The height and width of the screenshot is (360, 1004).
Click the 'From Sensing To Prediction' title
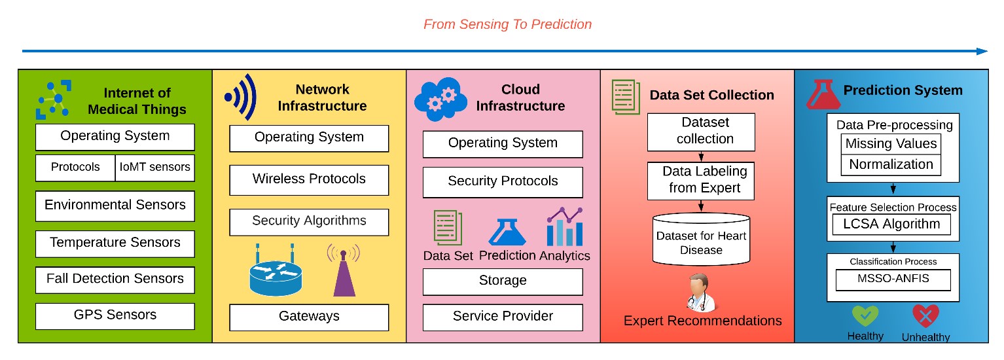point(507,24)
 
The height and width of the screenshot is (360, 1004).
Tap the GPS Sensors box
point(115,316)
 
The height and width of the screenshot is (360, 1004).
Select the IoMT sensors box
point(155,168)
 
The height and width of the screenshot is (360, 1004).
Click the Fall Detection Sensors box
point(115,279)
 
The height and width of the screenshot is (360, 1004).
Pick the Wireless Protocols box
point(309,180)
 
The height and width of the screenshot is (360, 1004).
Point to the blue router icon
point(276,272)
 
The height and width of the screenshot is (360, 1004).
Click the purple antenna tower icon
point(344,270)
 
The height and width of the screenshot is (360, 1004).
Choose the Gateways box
point(309,317)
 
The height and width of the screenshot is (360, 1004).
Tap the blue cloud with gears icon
point(440,99)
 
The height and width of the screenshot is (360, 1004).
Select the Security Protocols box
point(503,182)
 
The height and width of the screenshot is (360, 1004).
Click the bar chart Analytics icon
point(565,227)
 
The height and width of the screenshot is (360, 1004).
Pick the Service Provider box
point(503,317)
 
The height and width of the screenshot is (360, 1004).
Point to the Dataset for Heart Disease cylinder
point(701,240)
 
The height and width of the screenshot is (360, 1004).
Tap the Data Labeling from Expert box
point(701,181)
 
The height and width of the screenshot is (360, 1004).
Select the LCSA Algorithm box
point(891,224)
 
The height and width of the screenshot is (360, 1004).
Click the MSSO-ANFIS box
point(893,279)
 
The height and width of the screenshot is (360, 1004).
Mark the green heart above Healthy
point(865,316)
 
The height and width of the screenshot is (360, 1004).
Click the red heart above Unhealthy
point(925,316)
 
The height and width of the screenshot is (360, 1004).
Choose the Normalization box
point(891,165)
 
